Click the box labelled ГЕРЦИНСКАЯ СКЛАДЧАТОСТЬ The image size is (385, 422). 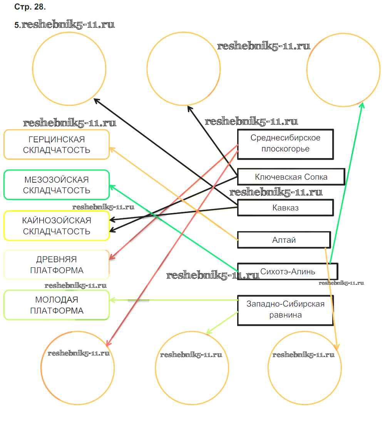(57, 145)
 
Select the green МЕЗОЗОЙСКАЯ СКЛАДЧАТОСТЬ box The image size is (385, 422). (57, 185)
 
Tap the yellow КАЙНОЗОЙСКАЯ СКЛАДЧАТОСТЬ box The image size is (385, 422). (57, 226)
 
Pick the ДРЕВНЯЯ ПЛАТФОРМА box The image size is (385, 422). (57, 265)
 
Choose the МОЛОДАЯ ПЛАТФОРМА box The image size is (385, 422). (57, 305)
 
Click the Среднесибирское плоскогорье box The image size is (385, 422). (285, 144)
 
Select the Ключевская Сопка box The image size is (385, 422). (291, 177)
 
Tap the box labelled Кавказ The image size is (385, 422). (285, 208)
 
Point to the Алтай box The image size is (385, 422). (284, 240)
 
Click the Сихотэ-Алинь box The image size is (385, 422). (287, 271)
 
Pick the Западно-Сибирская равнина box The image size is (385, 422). (285, 310)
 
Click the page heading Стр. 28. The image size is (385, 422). (30, 7)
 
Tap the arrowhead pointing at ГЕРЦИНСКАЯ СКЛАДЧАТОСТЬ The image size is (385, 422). (111, 148)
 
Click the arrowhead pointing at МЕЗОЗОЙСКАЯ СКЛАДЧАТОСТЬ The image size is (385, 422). (111, 187)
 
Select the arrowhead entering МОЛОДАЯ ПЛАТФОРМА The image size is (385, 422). (111, 300)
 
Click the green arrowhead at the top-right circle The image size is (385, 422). (362, 105)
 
